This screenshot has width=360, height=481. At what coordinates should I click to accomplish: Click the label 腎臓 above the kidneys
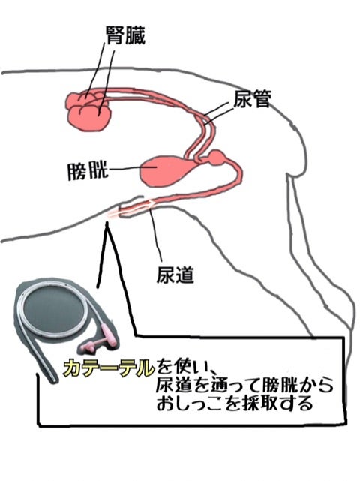click(x=126, y=35)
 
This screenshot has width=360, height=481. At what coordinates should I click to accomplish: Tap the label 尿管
click(x=252, y=99)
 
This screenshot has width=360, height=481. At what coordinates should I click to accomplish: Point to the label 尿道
click(x=175, y=274)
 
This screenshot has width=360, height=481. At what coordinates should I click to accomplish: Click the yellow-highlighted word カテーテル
click(x=109, y=368)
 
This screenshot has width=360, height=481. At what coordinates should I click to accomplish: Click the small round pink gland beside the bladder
click(x=217, y=158)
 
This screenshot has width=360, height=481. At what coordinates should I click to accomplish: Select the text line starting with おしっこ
click(x=235, y=403)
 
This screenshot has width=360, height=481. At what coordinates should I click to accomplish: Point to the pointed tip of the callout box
click(x=107, y=224)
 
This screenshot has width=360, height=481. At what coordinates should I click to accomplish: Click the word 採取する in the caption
click(x=277, y=404)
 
